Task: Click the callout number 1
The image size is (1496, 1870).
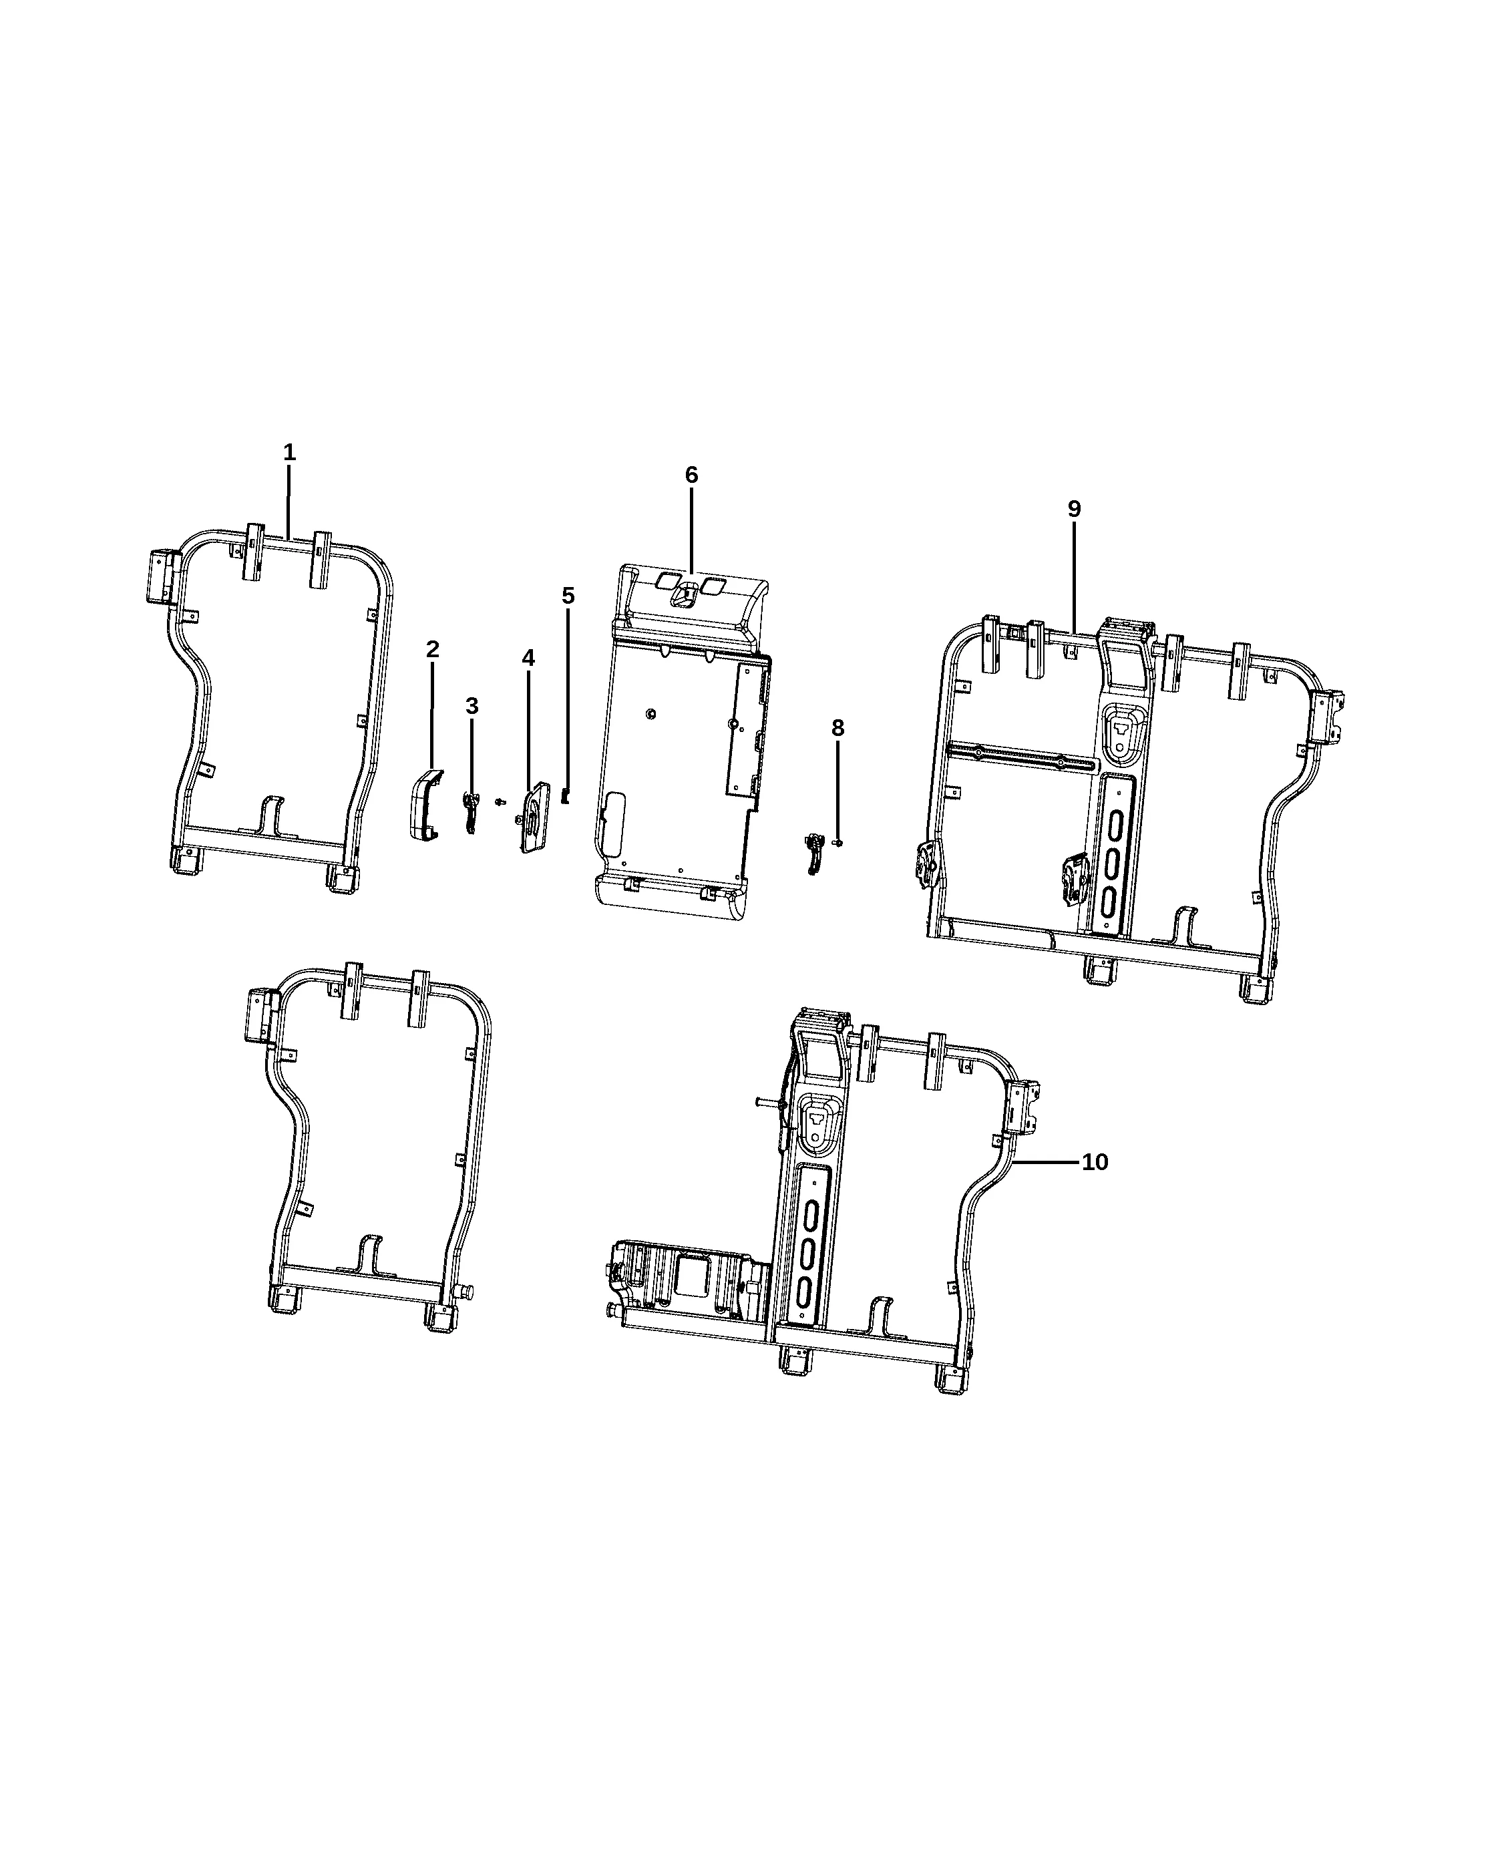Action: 290,452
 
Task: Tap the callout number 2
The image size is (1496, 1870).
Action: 432,648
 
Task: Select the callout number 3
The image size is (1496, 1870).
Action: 472,706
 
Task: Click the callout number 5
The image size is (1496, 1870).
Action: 568,596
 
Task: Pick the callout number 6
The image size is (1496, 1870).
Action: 691,474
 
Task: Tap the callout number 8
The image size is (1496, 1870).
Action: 837,728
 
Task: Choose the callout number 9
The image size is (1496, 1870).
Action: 1075,509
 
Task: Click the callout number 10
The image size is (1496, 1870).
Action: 1095,1162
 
